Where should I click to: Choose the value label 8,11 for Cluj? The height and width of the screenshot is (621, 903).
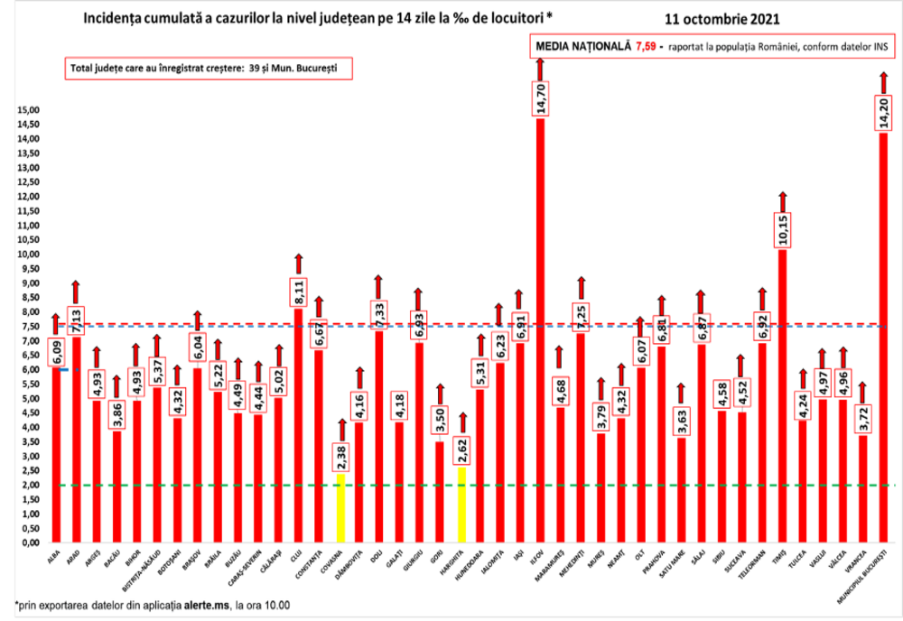click(x=297, y=293)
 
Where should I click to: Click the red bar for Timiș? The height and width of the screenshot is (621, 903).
click(x=783, y=397)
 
